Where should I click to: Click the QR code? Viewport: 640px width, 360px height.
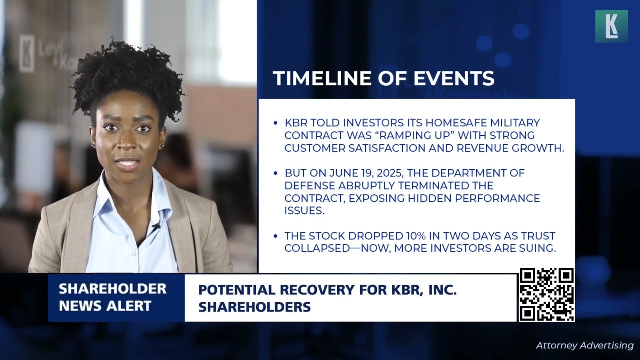coord(546,295)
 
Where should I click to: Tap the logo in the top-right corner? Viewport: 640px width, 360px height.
coord(611,26)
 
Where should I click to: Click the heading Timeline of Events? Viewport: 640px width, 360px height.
coord(383,78)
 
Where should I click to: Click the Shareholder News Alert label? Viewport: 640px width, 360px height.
coord(112,297)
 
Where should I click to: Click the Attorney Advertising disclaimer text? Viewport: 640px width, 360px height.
coord(584,345)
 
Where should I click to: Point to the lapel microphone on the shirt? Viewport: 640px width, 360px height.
coord(156,227)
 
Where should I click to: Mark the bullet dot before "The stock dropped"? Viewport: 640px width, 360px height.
coord(275,236)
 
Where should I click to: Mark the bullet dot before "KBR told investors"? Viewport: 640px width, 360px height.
coord(275,123)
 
